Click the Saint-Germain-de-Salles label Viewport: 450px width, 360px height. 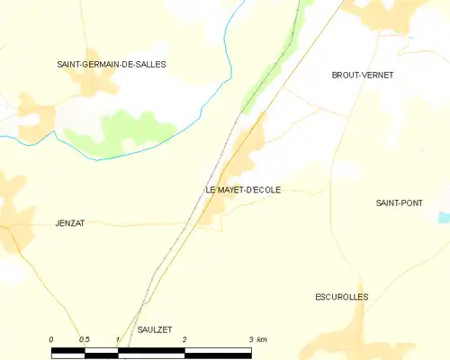tap(112, 65)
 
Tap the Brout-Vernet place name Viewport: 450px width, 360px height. tap(363, 76)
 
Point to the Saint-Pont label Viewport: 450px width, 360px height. tap(400, 203)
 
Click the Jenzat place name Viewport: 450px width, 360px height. tap(68, 223)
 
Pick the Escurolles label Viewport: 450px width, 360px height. tap(342, 297)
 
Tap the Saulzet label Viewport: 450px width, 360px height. tap(154, 330)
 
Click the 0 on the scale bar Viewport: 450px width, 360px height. tap(51, 339)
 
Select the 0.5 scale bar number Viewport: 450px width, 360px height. tap(85, 339)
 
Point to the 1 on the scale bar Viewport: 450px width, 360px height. tap(118, 339)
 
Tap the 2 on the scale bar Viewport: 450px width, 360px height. tap(184, 339)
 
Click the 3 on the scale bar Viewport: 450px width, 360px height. tap(251, 339)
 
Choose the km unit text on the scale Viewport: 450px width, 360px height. tap(262, 339)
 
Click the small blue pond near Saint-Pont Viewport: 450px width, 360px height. tap(442, 218)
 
